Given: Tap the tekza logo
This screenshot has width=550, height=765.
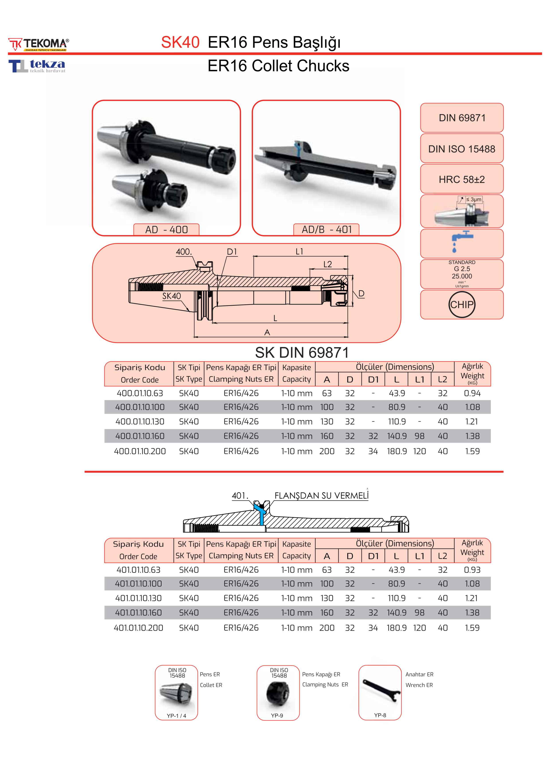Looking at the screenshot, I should click(x=37, y=66).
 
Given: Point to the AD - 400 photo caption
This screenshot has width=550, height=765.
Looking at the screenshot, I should click(x=166, y=230).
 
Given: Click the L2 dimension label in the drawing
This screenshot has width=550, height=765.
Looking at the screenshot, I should click(x=327, y=264).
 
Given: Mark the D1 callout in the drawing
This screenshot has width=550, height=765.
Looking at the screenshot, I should click(x=232, y=252).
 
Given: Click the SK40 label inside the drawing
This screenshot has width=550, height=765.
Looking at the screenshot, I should click(x=171, y=296).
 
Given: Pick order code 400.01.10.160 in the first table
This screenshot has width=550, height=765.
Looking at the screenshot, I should click(x=140, y=436).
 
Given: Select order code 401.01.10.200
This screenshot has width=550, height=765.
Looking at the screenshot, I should click(x=139, y=628).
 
